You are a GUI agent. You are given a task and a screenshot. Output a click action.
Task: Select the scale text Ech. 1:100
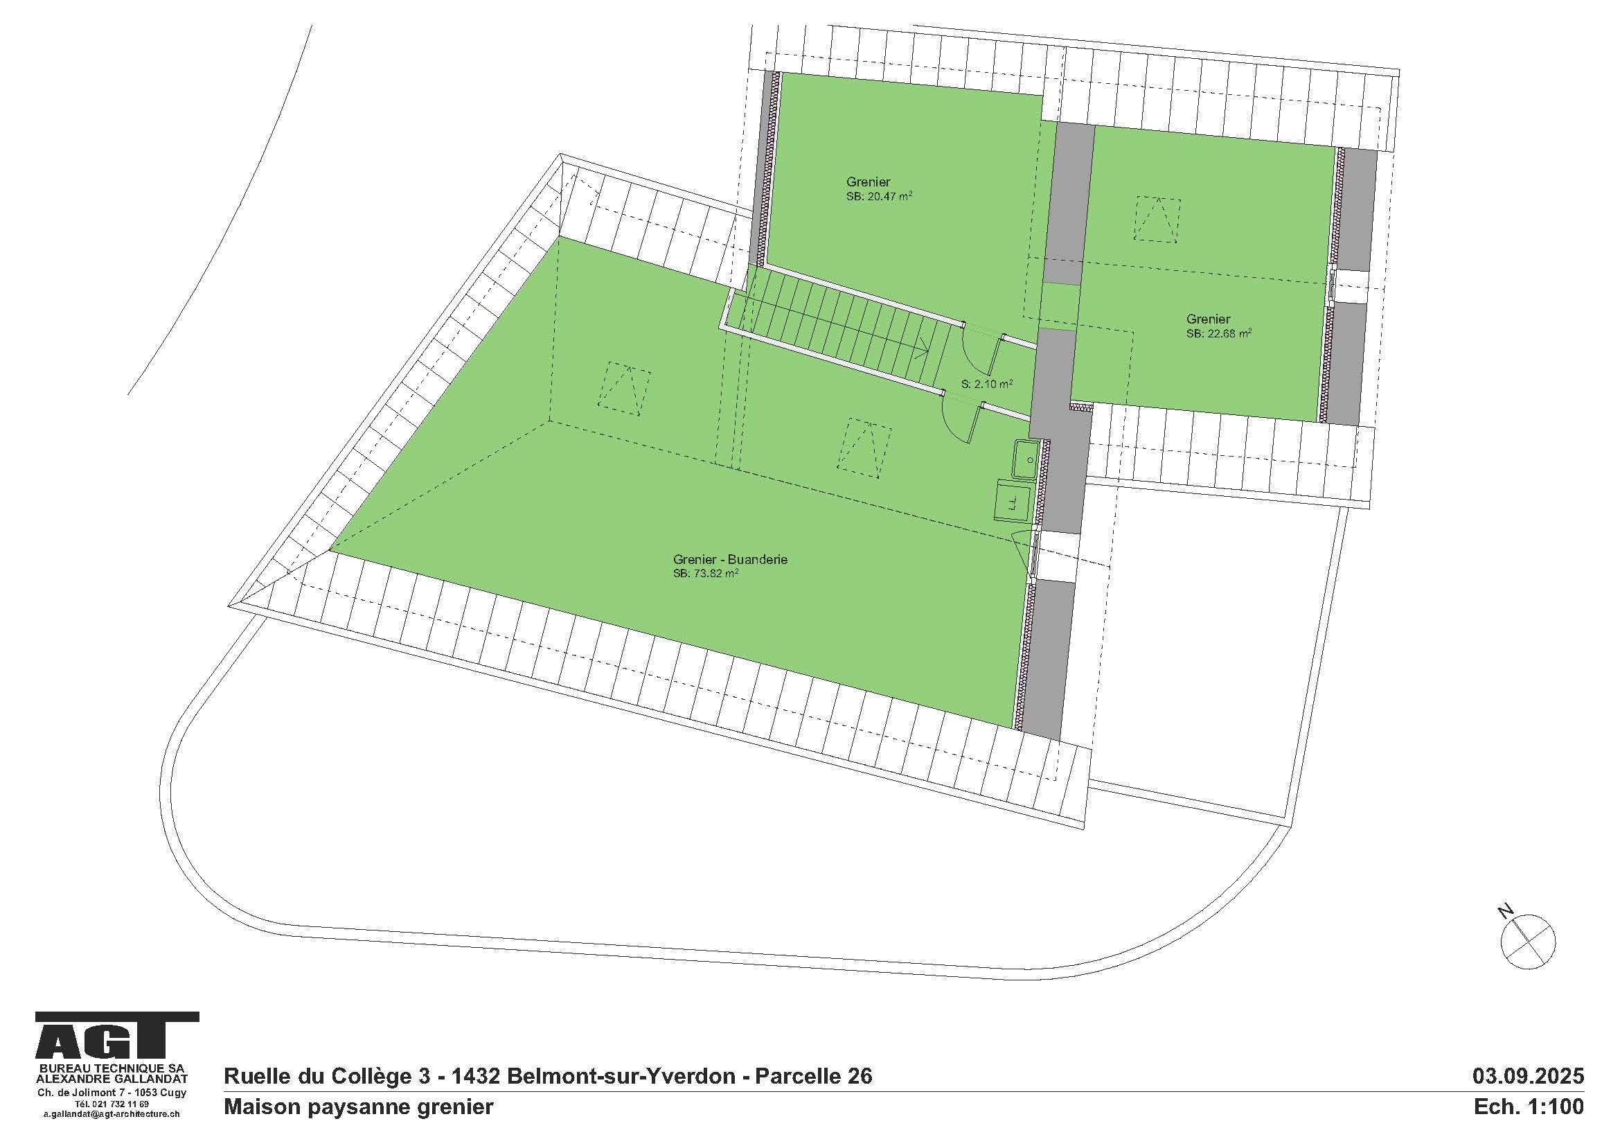pyautogui.click(x=1529, y=1107)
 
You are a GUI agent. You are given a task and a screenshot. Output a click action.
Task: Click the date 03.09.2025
pyautogui.click(x=1527, y=1076)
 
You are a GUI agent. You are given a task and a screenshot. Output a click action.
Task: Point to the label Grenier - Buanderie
pyautogui.click(x=729, y=560)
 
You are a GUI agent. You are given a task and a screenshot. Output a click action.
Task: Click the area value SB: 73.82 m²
pyautogui.click(x=705, y=574)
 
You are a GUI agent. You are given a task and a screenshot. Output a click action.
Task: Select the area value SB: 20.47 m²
pyautogui.click(x=879, y=197)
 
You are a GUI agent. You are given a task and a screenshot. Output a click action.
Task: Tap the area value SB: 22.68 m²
pyautogui.click(x=1218, y=334)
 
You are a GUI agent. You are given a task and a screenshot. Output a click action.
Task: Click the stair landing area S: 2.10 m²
pyautogui.click(x=987, y=384)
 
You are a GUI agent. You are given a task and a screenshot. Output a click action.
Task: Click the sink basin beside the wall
pyautogui.click(x=1026, y=459)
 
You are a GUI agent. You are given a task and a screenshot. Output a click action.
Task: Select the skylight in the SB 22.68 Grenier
pyautogui.click(x=1157, y=220)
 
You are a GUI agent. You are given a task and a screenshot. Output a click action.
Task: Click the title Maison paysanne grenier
pyautogui.click(x=359, y=1107)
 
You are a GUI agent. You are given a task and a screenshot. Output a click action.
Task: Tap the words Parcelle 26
pyautogui.click(x=814, y=1076)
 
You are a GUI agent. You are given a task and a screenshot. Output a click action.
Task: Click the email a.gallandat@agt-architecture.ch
pyautogui.click(x=112, y=1114)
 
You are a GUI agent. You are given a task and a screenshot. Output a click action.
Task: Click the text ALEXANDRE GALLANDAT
pyautogui.click(x=112, y=1079)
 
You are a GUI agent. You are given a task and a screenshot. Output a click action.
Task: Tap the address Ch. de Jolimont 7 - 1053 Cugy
pyautogui.click(x=112, y=1093)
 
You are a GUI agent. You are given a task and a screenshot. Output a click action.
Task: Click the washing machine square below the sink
pyautogui.click(x=1013, y=500)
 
